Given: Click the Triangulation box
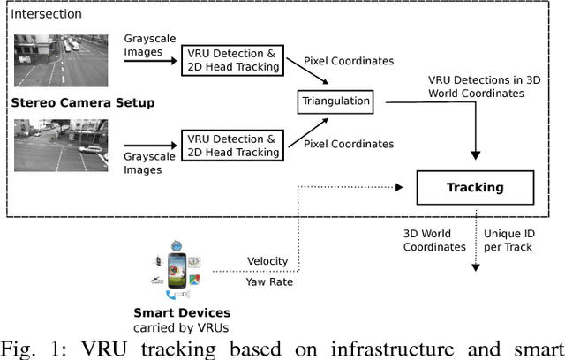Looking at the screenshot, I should pos(335,101).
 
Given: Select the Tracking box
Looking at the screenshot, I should pos(475,187).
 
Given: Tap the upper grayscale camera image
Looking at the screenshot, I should pos(58,60).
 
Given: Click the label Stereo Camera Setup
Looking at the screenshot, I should pos(82,103).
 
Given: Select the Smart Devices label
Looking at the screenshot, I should pos(181,311).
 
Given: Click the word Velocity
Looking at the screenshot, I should pos(267,261).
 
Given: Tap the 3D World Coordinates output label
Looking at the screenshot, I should pos(434,240).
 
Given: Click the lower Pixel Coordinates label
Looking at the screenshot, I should pos(349,144).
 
